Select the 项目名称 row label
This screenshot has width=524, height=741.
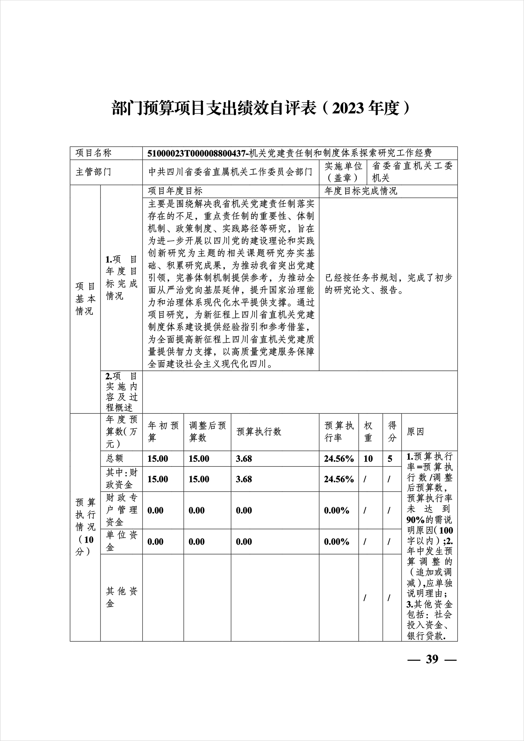pyautogui.click(x=93, y=153)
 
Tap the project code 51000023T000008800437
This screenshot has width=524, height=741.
pyautogui.click(x=197, y=153)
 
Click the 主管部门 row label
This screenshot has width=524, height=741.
pyautogui.click(x=93, y=172)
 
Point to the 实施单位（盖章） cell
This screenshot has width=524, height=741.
pyautogui.click(x=343, y=172)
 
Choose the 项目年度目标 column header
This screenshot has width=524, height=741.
pyautogui.click(x=175, y=191)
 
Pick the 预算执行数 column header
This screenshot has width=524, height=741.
pyautogui.click(x=259, y=432)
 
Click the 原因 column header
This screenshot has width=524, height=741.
pyautogui.click(x=415, y=432)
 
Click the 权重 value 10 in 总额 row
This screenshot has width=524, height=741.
pyautogui.click(x=368, y=459)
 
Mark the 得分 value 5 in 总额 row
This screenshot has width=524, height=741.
pyautogui.click(x=390, y=459)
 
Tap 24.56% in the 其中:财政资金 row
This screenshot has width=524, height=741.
pyautogui.click(x=339, y=479)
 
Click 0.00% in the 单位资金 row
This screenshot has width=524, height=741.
pyautogui.click(x=336, y=542)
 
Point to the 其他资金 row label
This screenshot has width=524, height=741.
pyautogui.click(x=121, y=597)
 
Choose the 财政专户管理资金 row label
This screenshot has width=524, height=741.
pyautogui.click(x=121, y=510)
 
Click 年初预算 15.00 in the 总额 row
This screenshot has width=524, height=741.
pyautogui.click(x=158, y=459)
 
